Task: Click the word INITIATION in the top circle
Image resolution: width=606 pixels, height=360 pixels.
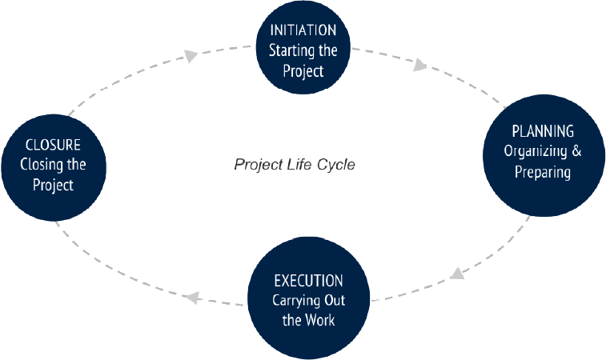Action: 303,31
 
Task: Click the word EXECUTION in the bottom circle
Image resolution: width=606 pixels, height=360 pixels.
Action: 309,281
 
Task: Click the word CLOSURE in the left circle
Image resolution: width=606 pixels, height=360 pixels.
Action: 53,146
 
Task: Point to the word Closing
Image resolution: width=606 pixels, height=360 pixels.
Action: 42,166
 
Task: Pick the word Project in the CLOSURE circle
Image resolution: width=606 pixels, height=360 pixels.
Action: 53,186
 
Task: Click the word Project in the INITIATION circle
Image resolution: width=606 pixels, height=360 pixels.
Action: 303,71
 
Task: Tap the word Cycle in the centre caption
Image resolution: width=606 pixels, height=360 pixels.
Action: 334,166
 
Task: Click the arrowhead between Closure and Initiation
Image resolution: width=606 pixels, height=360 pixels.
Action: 191,56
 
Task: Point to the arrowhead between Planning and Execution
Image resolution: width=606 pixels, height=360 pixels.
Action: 456,273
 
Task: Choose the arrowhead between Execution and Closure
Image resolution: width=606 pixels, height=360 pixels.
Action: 191,297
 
